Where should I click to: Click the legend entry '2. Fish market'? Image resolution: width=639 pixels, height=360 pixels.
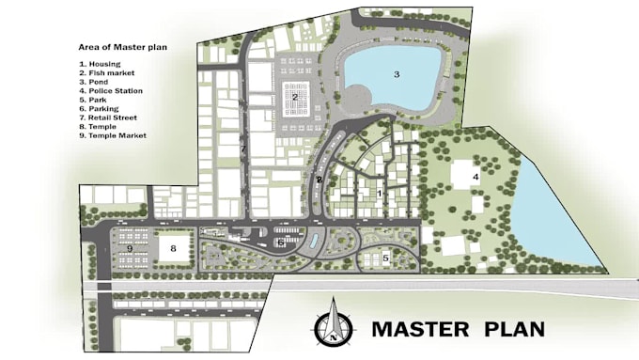point(106,72)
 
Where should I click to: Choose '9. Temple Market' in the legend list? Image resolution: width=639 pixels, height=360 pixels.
point(113,135)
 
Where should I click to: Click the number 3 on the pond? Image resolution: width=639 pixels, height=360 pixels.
point(396,74)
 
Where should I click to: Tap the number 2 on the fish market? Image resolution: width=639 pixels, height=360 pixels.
point(295,97)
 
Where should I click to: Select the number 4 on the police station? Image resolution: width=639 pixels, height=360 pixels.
point(475,177)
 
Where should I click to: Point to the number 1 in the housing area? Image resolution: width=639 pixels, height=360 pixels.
point(380,194)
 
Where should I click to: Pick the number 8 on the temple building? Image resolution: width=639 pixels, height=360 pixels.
point(173,248)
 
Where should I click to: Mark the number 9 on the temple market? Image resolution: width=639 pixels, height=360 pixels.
point(129,248)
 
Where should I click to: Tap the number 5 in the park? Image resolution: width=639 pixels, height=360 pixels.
point(385,257)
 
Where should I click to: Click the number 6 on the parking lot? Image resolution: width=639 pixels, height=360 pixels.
point(281,243)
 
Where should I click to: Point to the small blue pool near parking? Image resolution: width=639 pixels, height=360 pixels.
point(312,242)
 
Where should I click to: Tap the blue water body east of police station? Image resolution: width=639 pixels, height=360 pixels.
point(554,221)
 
